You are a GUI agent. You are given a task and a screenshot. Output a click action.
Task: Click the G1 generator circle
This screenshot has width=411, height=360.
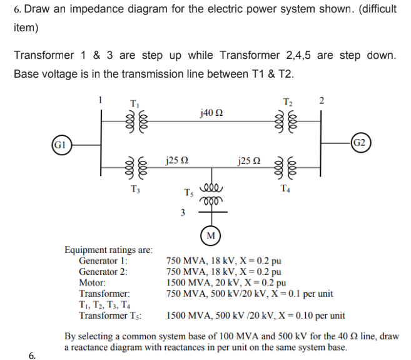pyautogui.click(x=60, y=145)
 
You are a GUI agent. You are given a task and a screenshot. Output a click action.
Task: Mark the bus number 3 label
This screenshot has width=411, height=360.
pyautogui.click(x=182, y=212)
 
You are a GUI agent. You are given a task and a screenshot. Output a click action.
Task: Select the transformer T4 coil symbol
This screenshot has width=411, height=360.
pyautogui.click(x=287, y=167)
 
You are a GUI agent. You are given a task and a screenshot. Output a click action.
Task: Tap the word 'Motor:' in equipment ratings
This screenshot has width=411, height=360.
pyautogui.click(x=92, y=282)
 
